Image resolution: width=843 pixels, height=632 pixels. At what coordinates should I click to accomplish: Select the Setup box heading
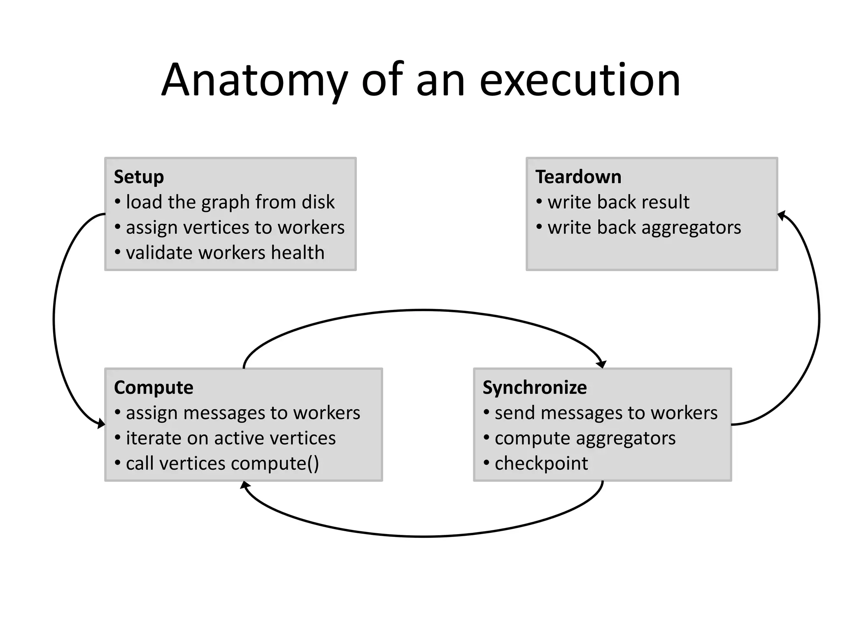(139, 177)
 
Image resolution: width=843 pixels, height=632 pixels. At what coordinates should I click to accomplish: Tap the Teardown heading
(578, 177)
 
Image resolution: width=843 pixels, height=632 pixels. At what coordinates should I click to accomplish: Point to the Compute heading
(154, 388)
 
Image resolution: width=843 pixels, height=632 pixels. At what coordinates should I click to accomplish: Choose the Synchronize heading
(535, 388)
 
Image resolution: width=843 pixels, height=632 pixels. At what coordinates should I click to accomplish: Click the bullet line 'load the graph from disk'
(230, 202)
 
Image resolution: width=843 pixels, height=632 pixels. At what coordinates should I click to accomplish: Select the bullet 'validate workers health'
(225, 253)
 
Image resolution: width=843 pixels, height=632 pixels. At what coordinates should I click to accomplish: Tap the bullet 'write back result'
(618, 202)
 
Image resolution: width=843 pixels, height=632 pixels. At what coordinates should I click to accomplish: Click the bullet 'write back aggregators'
(644, 228)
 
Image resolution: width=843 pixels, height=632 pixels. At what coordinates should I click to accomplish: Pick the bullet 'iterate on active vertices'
(231, 438)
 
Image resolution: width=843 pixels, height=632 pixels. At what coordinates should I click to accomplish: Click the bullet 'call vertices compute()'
(222, 464)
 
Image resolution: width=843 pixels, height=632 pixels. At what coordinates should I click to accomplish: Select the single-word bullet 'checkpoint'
(541, 464)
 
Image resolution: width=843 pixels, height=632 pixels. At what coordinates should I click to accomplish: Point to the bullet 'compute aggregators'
(585, 438)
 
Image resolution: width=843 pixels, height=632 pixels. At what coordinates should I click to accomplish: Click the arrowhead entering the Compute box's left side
(101, 423)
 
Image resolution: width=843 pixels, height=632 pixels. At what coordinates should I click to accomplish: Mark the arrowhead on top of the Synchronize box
(602, 364)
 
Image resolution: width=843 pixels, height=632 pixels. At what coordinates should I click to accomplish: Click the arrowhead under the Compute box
(245, 485)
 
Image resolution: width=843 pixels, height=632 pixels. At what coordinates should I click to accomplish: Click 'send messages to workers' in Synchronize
(606, 413)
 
